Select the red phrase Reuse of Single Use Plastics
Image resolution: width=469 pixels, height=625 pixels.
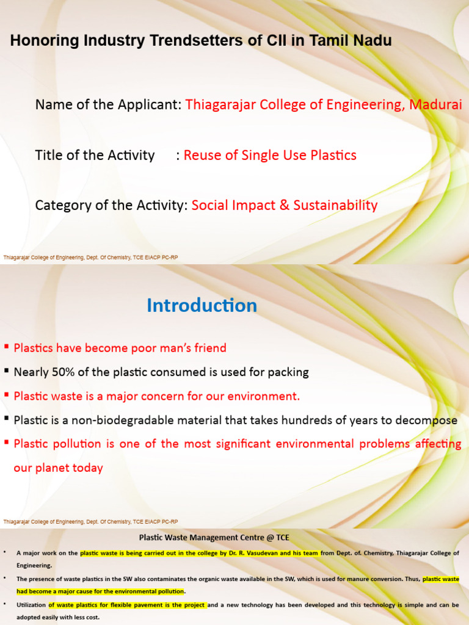[x=270, y=155]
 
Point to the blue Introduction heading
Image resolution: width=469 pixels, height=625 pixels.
[x=202, y=305]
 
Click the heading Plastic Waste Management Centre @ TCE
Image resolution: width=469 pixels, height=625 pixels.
[x=214, y=538]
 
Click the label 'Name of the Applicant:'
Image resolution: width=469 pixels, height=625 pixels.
[x=108, y=104]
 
